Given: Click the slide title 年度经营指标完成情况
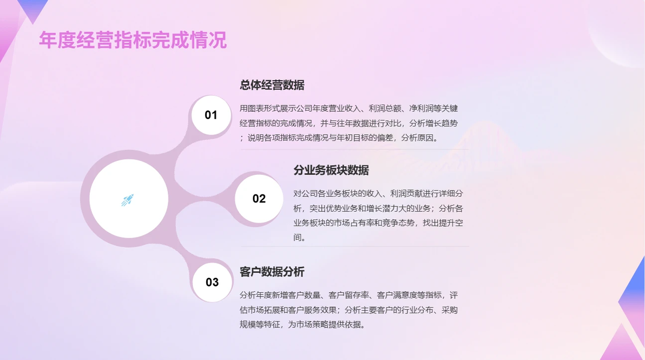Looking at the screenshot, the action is coord(133,40).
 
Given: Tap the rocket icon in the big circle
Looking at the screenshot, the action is coord(128,200).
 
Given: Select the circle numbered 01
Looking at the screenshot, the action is coord(211,115).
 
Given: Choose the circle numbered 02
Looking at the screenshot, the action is coord(259,199).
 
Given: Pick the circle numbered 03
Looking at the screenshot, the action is coord(212,282).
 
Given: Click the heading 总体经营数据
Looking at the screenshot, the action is coord(272,85).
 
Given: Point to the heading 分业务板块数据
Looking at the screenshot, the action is coord(331,170).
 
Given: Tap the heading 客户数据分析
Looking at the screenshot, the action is coord(272,272).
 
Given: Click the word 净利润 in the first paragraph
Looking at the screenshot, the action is coord(421,109).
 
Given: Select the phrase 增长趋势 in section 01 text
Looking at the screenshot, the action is coord(442,123).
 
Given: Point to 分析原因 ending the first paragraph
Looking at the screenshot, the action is coord(417,138).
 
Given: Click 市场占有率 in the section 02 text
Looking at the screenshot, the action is coord(353,223).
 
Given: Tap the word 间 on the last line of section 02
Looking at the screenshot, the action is coord(298,238).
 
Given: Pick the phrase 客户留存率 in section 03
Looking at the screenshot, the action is coord(348,295).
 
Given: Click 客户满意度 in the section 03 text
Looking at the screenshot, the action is coord(397,295).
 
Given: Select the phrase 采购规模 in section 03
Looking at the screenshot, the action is coord(450,310).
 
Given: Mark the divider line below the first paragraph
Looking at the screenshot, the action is coord(354,149).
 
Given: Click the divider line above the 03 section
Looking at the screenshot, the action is coord(354,246).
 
